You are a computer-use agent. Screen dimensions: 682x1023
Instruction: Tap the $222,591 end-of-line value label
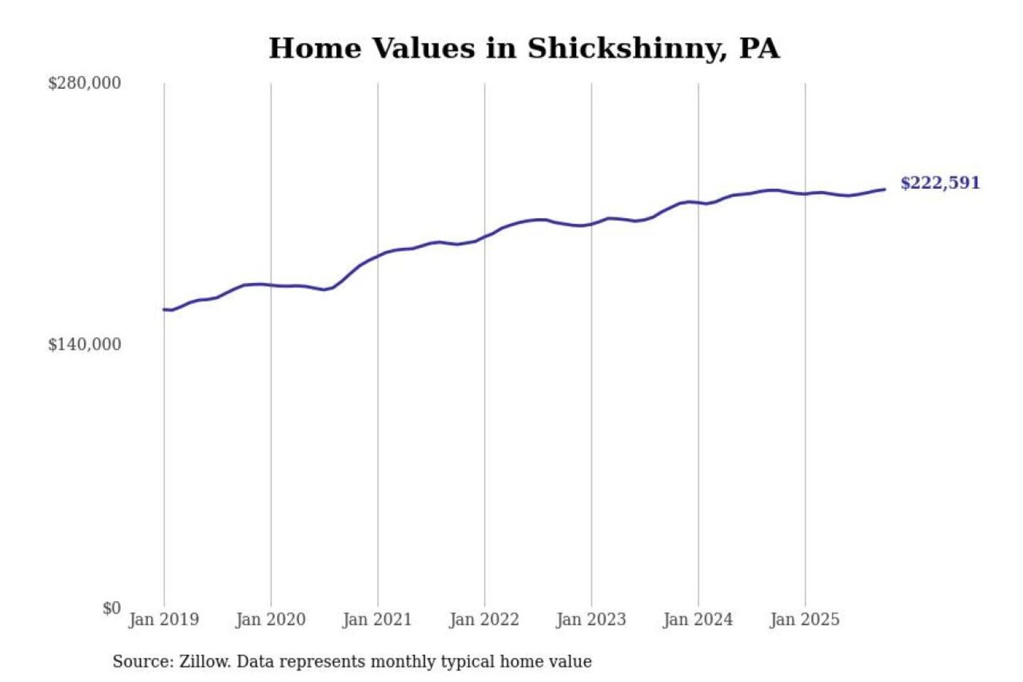940,183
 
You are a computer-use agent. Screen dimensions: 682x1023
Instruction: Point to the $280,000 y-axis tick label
85,83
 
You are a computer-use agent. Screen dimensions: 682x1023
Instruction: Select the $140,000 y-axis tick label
85,345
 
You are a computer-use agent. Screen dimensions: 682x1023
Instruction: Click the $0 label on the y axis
112,608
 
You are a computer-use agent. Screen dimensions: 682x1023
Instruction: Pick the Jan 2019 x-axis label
163,619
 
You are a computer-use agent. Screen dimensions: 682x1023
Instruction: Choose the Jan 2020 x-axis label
271,619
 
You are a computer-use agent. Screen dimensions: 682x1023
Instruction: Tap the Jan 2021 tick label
377,619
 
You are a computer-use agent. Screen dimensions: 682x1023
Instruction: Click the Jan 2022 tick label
485,619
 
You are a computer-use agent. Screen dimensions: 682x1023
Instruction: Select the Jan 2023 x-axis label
591,619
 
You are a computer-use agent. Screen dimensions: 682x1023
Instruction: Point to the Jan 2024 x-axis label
698,619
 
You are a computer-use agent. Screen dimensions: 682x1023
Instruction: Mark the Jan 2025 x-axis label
805,619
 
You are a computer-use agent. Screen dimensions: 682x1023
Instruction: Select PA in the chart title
759,49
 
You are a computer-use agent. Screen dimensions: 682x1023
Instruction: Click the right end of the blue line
884,189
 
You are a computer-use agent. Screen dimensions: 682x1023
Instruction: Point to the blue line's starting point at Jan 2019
164,309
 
